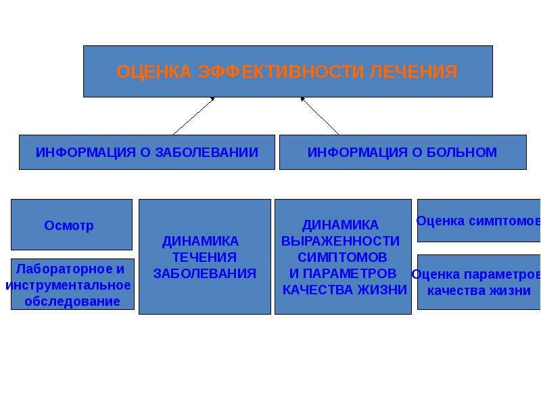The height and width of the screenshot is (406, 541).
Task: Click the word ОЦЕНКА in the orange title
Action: coord(154,72)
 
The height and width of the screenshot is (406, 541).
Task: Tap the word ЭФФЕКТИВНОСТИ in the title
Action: coord(281,72)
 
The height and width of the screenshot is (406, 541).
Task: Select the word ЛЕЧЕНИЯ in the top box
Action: coord(414,72)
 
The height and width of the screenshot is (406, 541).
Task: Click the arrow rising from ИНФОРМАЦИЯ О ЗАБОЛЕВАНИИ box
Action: coord(193,116)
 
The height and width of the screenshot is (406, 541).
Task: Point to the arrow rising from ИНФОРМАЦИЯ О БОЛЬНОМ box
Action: coord(320,116)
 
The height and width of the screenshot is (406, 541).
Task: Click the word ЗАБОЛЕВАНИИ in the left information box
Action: coord(207,152)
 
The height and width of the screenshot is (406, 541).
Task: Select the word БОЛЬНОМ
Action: coord(462,152)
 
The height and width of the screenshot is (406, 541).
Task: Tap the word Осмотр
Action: coord(69,225)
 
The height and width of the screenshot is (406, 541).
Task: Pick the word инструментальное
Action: coord(68,285)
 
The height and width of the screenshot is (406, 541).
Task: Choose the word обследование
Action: coord(72,301)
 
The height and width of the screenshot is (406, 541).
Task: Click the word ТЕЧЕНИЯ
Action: coord(204,257)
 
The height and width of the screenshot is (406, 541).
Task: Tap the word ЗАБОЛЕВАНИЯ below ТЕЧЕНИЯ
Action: coord(205,273)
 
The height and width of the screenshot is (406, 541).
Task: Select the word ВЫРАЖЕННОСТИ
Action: coord(341,241)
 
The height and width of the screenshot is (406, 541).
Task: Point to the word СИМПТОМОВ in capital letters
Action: coord(342,257)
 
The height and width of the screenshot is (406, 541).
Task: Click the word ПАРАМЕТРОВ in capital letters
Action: coord(350,273)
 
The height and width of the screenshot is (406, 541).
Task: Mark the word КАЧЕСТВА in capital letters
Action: coord(318,290)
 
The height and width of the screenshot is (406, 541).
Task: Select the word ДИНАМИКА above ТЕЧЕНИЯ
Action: coord(200,241)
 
